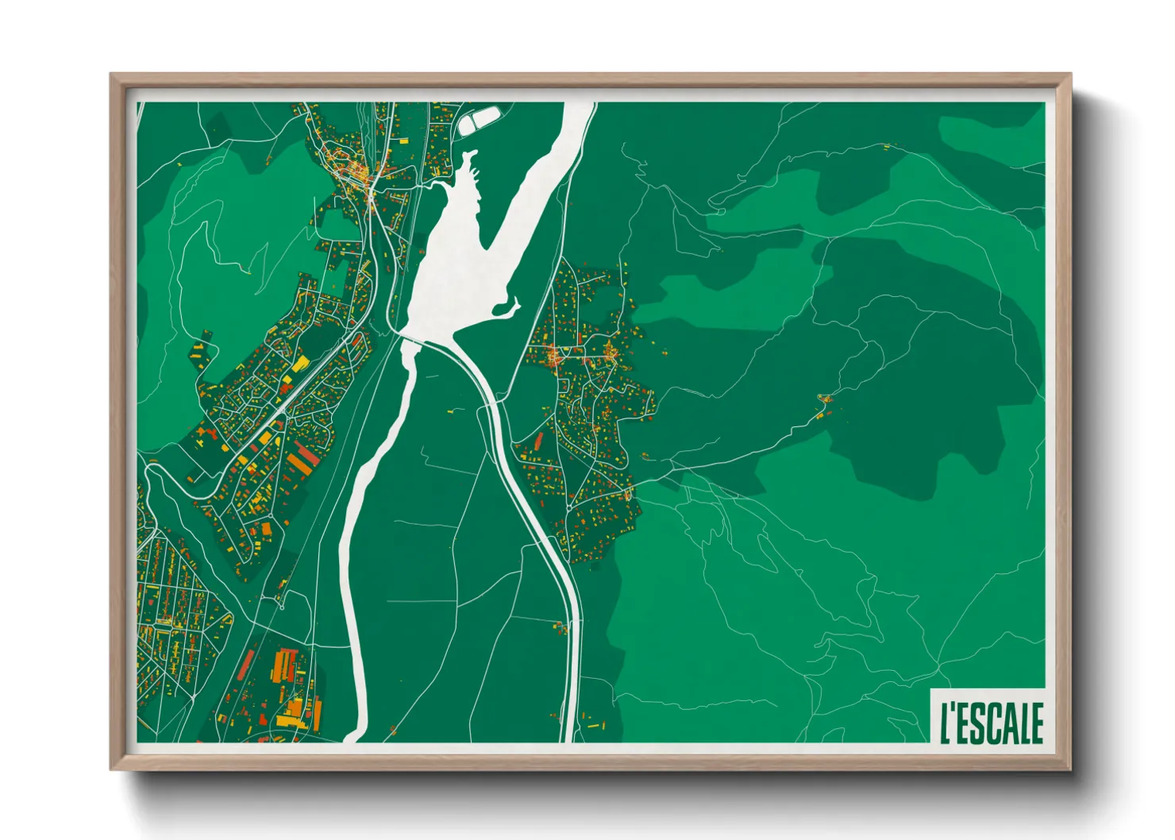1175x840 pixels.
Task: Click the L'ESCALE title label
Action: pos(992,722)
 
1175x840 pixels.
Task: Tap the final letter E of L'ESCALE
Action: pos(1037,722)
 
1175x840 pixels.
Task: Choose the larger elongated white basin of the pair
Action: pos(487,118)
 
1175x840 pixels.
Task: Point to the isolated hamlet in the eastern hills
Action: pos(824,405)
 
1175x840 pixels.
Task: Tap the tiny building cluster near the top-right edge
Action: pos(886,147)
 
